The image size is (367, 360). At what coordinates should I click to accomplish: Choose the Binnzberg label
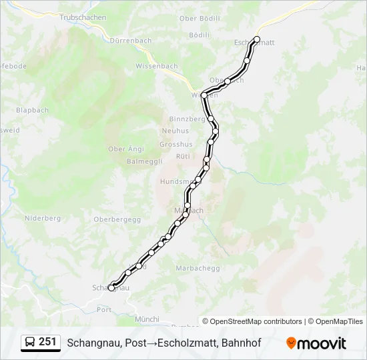(x=186, y=118)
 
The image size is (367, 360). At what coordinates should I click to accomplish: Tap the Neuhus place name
(x=175, y=131)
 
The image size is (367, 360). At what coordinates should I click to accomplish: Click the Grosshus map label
(x=176, y=144)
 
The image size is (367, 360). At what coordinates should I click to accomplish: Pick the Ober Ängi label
(x=126, y=149)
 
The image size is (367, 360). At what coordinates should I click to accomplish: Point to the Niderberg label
(x=43, y=218)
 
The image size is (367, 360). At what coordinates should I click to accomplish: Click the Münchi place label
(x=147, y=319)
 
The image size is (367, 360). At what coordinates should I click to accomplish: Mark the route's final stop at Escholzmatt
(x=257, y=39)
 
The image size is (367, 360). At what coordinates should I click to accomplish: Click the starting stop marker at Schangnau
(x=111, y=288)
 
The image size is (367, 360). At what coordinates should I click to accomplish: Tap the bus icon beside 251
(x=30, y=343)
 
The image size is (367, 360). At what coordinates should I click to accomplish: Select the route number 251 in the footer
(x=47, y=342)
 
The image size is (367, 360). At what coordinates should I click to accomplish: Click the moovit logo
(x=316, y=343)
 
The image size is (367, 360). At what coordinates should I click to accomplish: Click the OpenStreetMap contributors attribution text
(x=256, y=321)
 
